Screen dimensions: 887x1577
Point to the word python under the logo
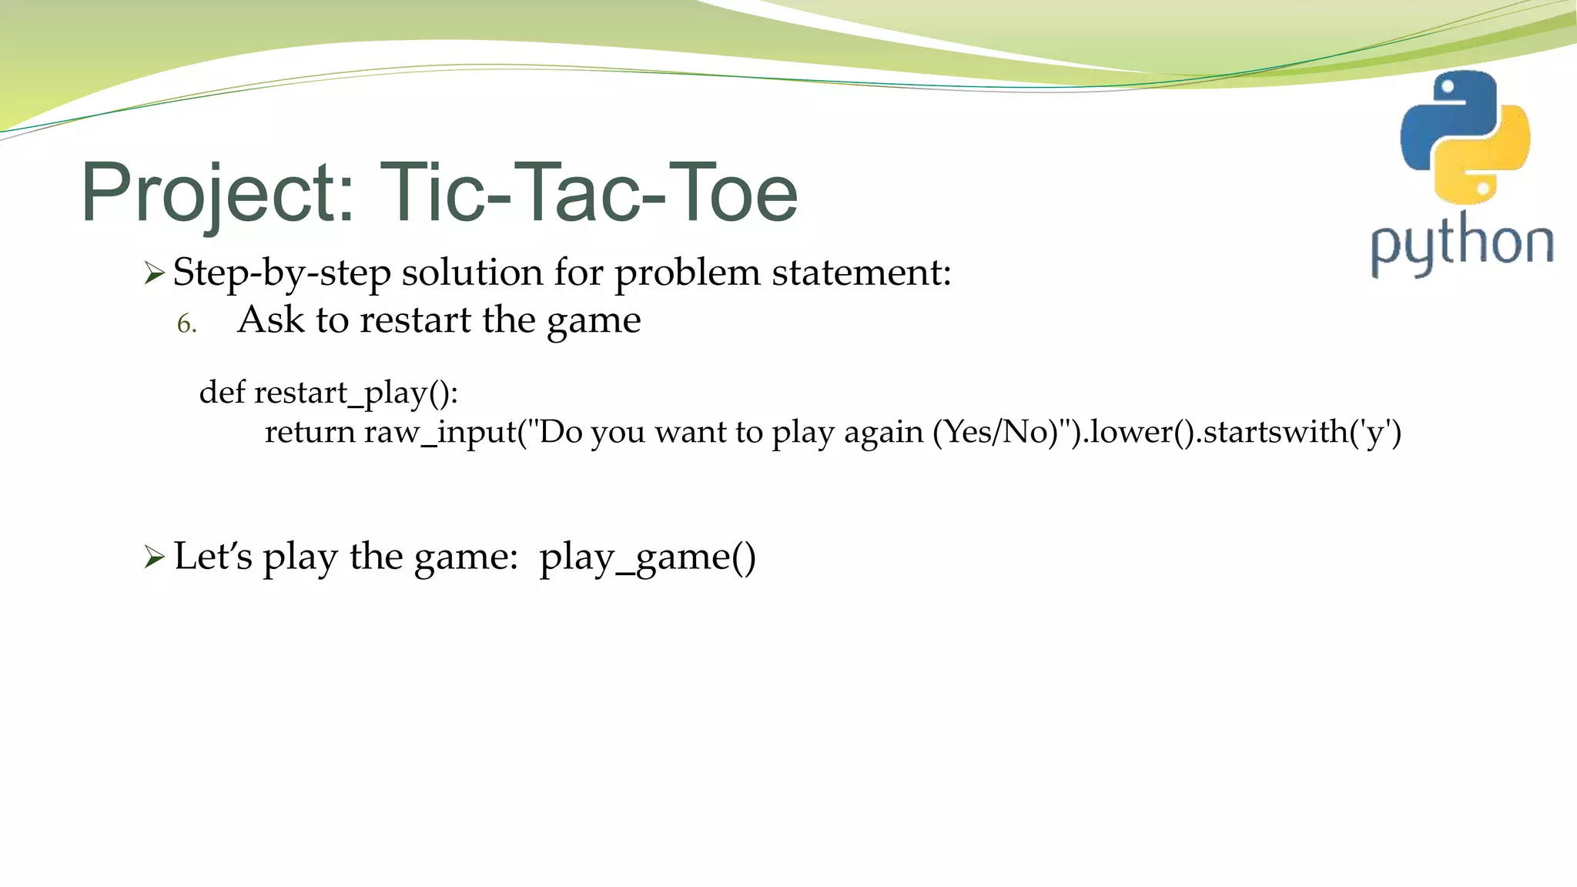click(x=1461, y=245)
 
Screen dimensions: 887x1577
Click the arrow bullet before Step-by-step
click(x=154, y=273)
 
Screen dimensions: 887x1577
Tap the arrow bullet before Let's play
click(x=154, y=557)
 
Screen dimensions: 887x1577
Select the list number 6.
click(x=186, y=324)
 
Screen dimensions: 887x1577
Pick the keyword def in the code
click(x=222, y=393)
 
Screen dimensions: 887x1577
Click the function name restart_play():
click(x=356, y=393)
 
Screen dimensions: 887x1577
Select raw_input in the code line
click(x=440, y=433)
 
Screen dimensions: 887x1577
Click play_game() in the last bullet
click(x=648, y=557)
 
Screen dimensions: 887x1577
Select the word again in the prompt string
click(x=883, y=433)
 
